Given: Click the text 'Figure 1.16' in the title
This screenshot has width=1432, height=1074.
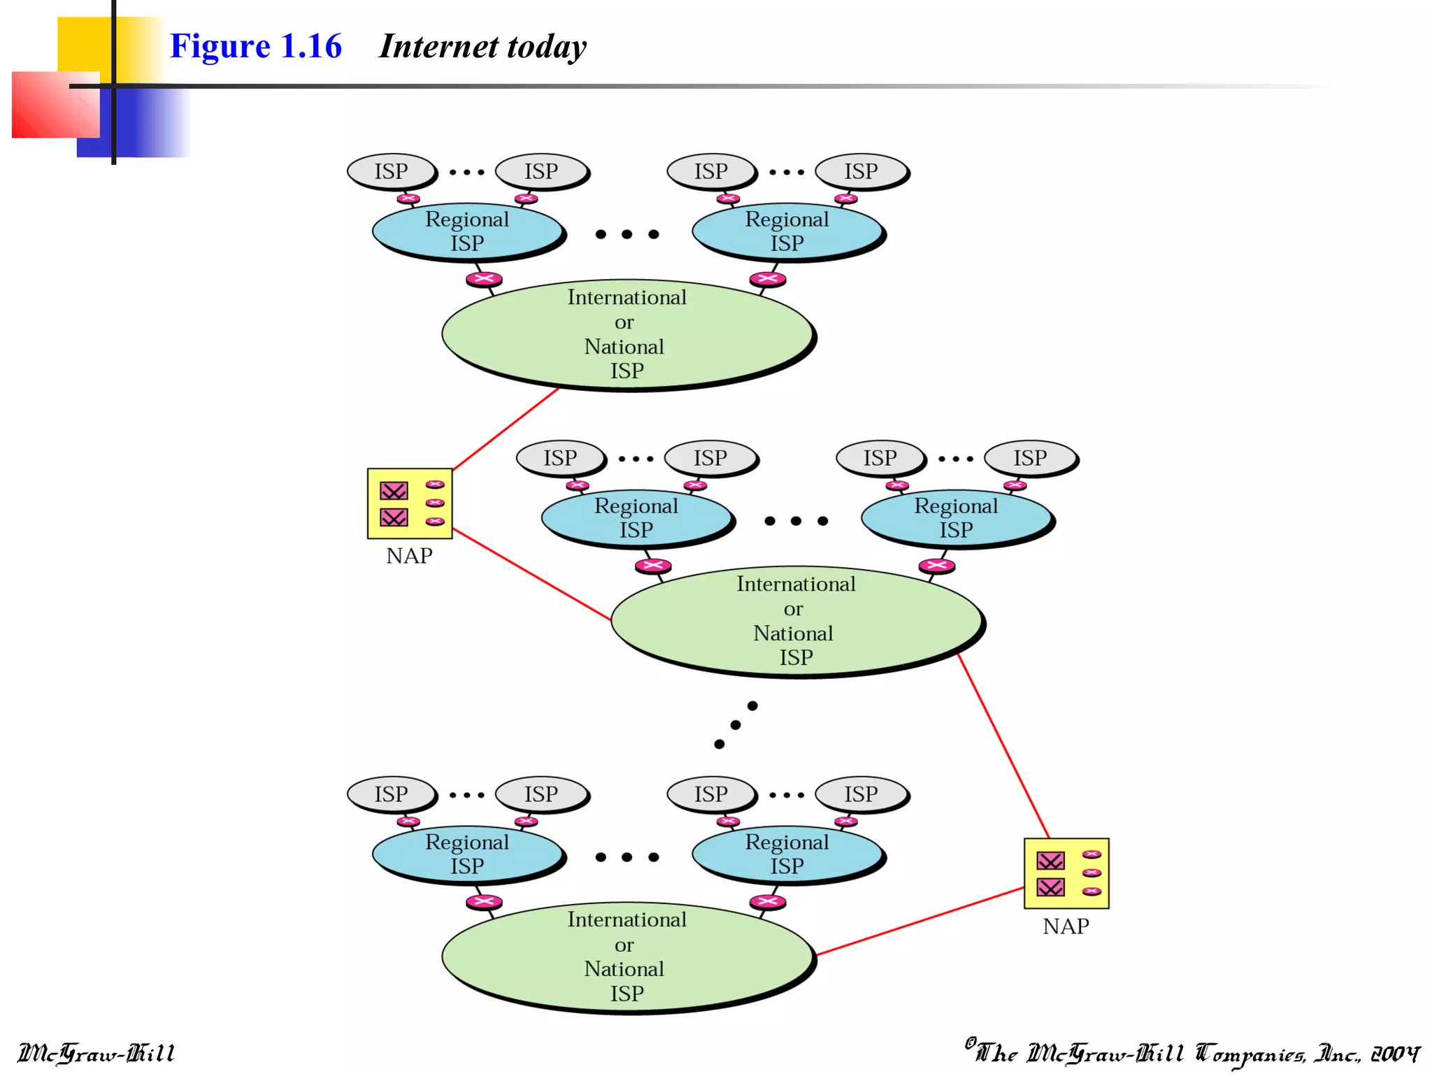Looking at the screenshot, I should click(x=255, y=46).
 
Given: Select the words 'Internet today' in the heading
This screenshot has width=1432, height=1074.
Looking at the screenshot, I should click(x=482, y=46).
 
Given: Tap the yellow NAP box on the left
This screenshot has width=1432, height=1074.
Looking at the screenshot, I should click(x=410, y=503).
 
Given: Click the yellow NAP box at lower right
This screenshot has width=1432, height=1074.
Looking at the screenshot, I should click(x=1066, y=873).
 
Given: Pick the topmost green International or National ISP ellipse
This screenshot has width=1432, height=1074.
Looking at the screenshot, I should click(x=627, y=334).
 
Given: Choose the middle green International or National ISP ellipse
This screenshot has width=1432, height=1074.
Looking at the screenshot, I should click(x=796, y=620).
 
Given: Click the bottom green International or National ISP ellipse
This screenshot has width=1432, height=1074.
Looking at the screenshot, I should click(x=627, y=956).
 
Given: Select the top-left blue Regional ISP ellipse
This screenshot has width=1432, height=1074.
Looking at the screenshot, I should click(x=467, y=231).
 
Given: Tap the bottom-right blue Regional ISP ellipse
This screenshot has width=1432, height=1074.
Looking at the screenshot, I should click(x=787, y=854).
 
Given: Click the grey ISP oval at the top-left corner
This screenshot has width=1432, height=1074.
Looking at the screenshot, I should click(x=390, y=171).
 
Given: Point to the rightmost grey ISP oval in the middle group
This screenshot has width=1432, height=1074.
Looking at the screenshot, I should click(x=1030, y=458).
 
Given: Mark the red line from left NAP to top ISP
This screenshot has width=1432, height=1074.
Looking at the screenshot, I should click(x=506, y=428).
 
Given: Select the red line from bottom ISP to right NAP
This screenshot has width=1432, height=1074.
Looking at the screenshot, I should click(x=920, y=921).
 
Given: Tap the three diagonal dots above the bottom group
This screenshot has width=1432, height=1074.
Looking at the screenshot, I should click(x=736, y=725).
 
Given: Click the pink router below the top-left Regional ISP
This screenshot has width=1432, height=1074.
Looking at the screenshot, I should click(x=484, y=279).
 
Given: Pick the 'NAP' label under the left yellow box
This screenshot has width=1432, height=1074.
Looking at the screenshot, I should click(x=409, y=556).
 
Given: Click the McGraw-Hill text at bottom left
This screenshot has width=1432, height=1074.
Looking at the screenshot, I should click(x=96, y=1053).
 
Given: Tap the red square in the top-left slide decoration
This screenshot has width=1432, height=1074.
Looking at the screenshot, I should click(x=55, y=105).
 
